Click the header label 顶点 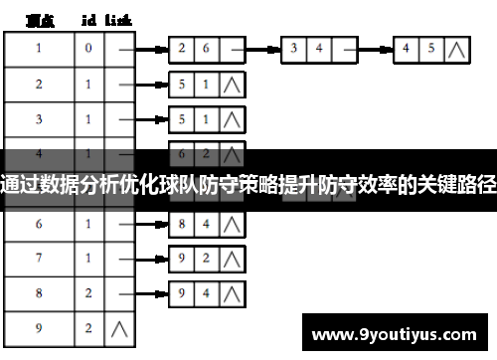pos(41,19)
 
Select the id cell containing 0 pos(88,48)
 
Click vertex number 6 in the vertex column pos(39,225)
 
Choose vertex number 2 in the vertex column pos(39,84)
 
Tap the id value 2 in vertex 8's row pos(88,293)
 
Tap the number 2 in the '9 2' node pos(206,259)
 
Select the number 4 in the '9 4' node pos(206,293)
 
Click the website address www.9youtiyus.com pos(400,329)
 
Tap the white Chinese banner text pos(248,181)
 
